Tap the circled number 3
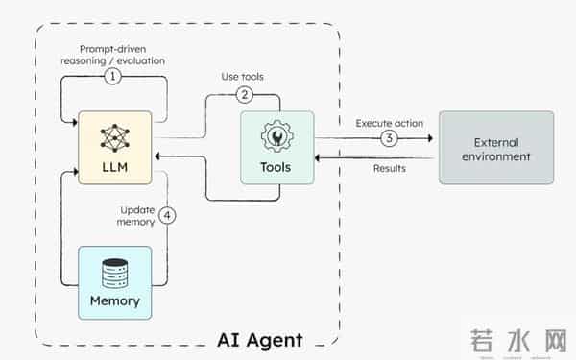[x=388, y=137]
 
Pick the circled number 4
[x=168, y=215]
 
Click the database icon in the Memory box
[x=114, y=273]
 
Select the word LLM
[x=114, y=168]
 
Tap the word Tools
[x=276, y=167]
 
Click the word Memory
[x=114, y=300]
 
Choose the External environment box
[x=495, y=147]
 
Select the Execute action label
[x=389, y=123]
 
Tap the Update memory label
[x=138, y=215]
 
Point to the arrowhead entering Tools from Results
[x=321, y=156]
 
